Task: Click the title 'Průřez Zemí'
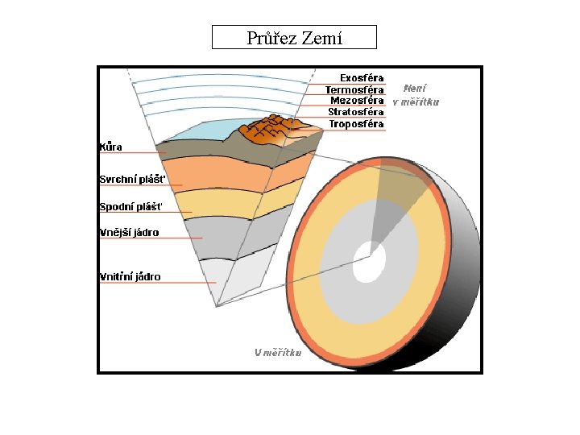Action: (294, 38)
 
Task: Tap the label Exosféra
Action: (361, 78)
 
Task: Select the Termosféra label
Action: (354, 89)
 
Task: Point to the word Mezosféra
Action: (357, 101)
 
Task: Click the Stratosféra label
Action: (355, 112)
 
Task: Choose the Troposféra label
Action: (356, 124)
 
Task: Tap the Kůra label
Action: (110, 147)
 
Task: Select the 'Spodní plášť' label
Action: (130, 207)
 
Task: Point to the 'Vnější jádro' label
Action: (129, 233)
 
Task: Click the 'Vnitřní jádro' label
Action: (130, 277)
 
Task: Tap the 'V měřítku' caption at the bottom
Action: (278, 352)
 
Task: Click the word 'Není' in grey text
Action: (415, 89)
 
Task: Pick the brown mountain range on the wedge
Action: (271, 130)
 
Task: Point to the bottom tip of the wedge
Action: (217, 305)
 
